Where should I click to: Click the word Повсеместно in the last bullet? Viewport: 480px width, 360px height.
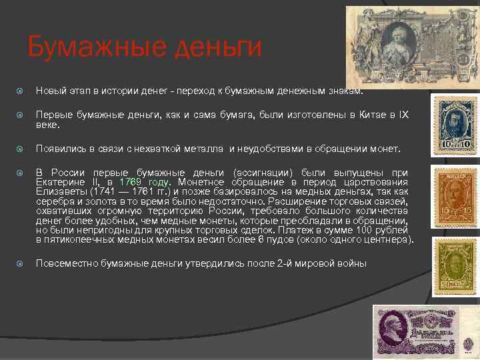point(67,263)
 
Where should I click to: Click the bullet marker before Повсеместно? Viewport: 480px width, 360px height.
point(21,263)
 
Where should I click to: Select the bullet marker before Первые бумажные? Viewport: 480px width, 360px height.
point(21,116)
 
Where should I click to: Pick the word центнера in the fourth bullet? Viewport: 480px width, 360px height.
point(387,239)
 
